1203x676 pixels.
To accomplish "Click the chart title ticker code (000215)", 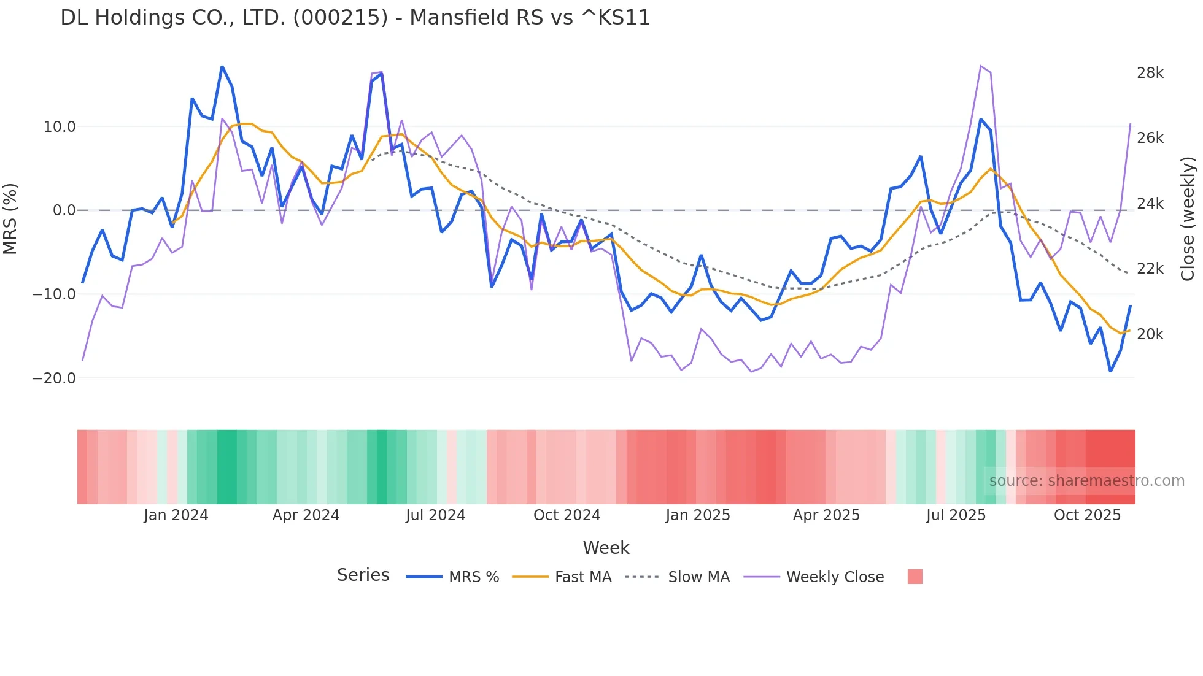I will click(x=341, y=18).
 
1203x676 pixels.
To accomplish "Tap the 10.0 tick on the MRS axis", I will click(x=60, y=127).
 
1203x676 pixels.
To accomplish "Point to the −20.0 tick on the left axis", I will click(x=55, y=378).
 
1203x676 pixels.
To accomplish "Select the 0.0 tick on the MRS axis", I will click(x=64, y=210).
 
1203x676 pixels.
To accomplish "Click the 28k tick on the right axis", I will click(x=1150, y=73).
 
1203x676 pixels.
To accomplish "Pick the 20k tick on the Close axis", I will click(x=1150, y=334).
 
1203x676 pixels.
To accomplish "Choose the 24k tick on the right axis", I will click(x=1150, y=204).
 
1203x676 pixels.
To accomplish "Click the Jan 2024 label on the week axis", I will click(x=176, y=515).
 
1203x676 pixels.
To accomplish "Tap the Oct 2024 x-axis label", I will click(x=567, y=515).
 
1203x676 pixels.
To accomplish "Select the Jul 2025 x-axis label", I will click(x=956, y=515).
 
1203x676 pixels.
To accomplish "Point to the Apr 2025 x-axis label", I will click(x=826, y=515).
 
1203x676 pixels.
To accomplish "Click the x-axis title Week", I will click(x=606, y=548).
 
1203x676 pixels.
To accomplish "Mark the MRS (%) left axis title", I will click(x=10, y=218).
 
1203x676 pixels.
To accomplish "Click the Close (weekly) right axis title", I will click(x=1188, y=218).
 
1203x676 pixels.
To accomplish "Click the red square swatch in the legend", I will click(x=915, y=577).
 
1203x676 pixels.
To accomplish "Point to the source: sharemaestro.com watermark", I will click(x=1086, y=481).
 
